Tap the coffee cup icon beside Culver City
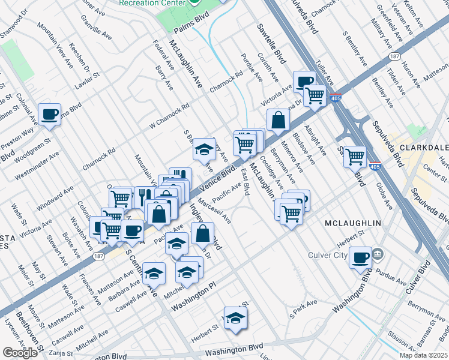[360, 257]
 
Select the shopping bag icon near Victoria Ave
[278, 120]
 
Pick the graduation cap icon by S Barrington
[204, 149]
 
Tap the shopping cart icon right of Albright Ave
[355, 157]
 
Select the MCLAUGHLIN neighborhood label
[353, 223]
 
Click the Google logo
[20, 352]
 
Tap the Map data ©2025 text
[423, 355]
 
